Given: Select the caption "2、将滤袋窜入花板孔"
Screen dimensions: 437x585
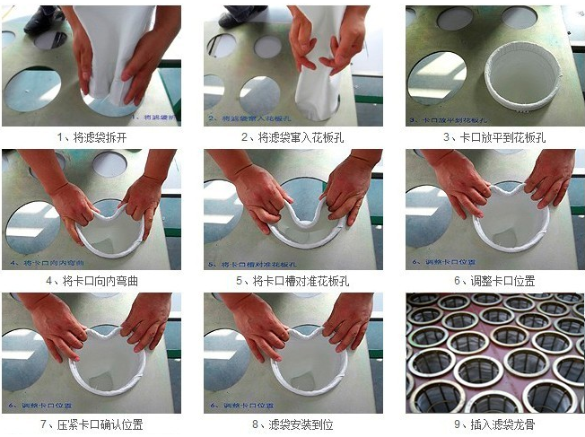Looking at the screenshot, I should click(x=292, y=137).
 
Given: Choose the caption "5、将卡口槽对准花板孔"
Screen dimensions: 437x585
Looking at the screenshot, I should click(x=292, y=280).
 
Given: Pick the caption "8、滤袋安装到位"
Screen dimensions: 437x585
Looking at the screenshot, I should click(x=292, y=424).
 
